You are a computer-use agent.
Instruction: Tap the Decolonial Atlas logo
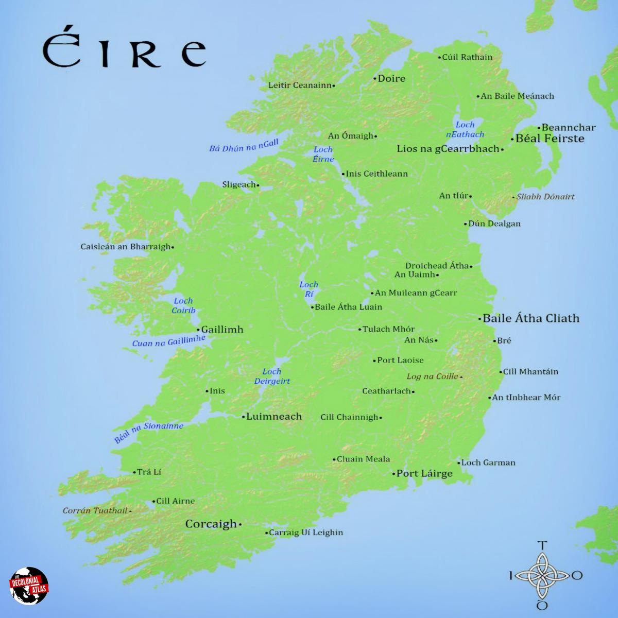[29, 587]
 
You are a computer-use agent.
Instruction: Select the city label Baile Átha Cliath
[530, 318]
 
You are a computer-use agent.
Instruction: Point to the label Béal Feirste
[550, 139]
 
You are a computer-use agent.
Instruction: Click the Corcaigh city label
[211, 524]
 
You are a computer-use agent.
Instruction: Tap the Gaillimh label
[222, 330]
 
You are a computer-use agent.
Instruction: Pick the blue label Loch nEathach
[465, 130]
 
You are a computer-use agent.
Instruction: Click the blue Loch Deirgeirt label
[272, 376]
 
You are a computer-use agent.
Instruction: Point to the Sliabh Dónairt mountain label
[545, 197]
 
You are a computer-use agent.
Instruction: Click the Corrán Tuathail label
[95, 511]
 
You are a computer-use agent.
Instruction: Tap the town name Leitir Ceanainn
[300, 85]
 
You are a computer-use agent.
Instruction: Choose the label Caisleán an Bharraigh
[125, 247]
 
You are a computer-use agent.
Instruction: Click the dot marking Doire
[375, 79]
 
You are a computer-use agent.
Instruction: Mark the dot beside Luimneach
[243, 417]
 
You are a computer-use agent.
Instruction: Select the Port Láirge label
[424, 473]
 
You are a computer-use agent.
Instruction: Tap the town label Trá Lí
[149, 472]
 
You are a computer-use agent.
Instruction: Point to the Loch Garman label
[488, 462]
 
